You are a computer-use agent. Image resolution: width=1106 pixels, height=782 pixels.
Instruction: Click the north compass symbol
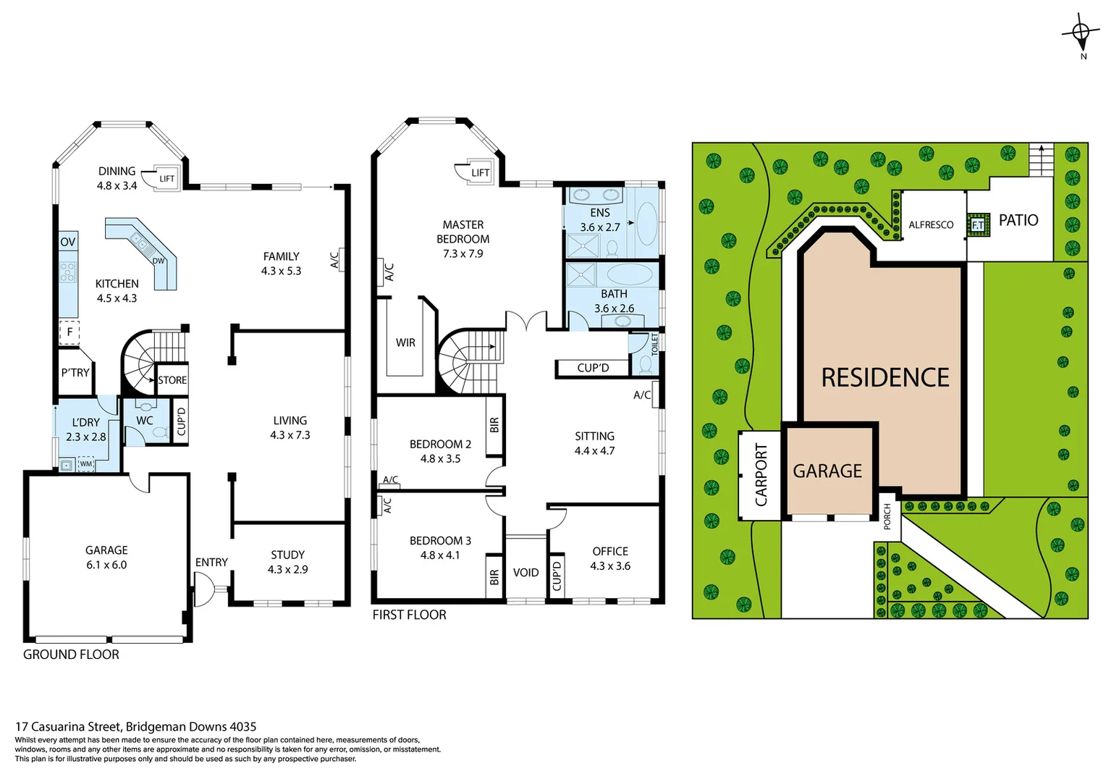pyautogui.click(x=1081, y=33)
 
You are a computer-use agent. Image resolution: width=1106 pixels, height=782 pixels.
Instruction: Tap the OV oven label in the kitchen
pyautogui.click(x=68, y=242)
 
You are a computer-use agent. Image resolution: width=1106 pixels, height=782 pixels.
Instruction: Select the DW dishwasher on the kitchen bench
pyautogui.click(x=158, y=261)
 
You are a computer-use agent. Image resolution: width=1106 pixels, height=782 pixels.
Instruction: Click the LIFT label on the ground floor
pyautogui.click(x=166, y=178)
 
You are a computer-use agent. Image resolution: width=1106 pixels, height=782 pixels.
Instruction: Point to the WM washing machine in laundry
pyautogui.click(x=86, y=463)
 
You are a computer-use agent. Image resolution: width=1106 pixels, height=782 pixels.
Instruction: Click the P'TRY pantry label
pyautogui.click(x=75, y=373)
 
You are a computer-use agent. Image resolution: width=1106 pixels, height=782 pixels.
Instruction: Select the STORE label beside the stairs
pyautogui.click(x=172, y=380)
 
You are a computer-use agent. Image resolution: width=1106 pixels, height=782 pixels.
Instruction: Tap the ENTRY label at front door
pyautogui.click(x=211, y=563)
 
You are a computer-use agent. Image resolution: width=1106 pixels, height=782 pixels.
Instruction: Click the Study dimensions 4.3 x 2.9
pyautogui.click(x=287, y=570)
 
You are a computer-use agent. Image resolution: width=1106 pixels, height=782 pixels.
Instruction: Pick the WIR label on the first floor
pyautogui.click(x=405, y=342)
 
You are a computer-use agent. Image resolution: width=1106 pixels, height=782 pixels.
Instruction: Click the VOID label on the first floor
pyautogui.click(x=525, y=573)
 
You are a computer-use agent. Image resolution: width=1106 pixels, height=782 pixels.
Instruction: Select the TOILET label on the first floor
pyautogui.click(x=655, y=343)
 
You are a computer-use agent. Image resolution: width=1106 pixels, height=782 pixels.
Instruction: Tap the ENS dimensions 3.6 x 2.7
pyautogui.click(x=600, y=227)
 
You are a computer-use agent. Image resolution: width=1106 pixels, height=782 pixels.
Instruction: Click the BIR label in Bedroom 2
pyautogui.click(x=494, y=425)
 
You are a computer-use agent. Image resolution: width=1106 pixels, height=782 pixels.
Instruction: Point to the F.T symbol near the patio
pyautogui.click(x=978, y=225)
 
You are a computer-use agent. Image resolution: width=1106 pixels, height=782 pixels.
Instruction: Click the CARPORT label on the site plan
pyautogui.click(x=761, y=474)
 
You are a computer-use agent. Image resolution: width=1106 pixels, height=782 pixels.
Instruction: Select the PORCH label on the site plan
pyautogui.click(x=887, y=516)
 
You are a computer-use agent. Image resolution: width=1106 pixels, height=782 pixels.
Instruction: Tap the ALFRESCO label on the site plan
pyautogui.click(x=931, y=225)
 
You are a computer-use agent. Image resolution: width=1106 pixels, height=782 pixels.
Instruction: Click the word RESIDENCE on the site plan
pyautogui.click(x=885, y=377)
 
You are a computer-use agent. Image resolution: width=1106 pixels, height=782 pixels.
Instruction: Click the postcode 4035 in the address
pyautogui.click(x=242, y=726)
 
